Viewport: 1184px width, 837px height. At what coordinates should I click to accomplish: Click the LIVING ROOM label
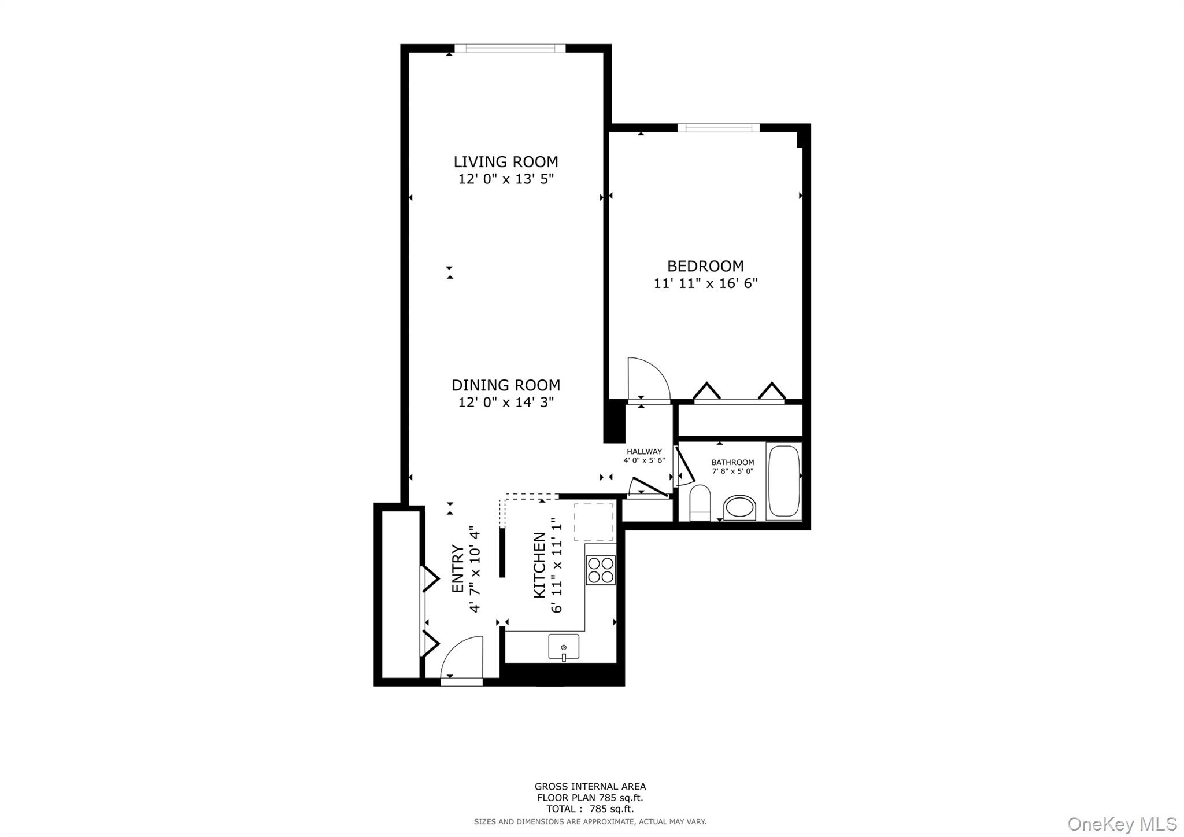click(x=505, y=162)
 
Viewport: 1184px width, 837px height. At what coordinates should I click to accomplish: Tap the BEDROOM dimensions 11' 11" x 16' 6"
click(x=705, y=283)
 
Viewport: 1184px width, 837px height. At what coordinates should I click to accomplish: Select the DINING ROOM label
click(x=505, y=385)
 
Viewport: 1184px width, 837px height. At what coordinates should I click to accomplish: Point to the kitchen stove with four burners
click(x=600, y=570)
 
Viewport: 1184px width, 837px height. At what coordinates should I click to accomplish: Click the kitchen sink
click(x=564, y=647)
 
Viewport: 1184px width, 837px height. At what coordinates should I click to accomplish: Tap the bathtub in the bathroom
click(x=784, y=481)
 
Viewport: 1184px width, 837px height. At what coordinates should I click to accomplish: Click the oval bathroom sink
click(x=739, y=508)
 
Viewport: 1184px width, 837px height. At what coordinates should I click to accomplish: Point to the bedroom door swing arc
click(x=649, y=379)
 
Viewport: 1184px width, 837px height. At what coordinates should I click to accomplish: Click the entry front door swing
click(x=462, y=658)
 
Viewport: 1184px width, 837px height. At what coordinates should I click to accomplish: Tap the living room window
click(x=510, y=49)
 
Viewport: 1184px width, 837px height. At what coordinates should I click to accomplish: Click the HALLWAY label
click(x=644, y=452)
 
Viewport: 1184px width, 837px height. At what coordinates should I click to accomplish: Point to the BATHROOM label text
click(x=732, y=462)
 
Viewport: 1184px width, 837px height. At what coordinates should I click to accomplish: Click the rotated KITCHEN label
click(x=539, y=565)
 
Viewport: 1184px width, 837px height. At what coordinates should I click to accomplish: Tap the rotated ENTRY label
click(x=457, y=569)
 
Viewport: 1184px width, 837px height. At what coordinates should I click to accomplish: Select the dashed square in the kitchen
click(x=593, y=522)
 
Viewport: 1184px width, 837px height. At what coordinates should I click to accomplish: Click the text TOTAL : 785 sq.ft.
click(x=590, y=809)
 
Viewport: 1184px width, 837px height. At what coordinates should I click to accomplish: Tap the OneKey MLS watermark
click(x=1122, y=824)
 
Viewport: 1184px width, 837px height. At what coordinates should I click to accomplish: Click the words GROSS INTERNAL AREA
click(x=590, y=786)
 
